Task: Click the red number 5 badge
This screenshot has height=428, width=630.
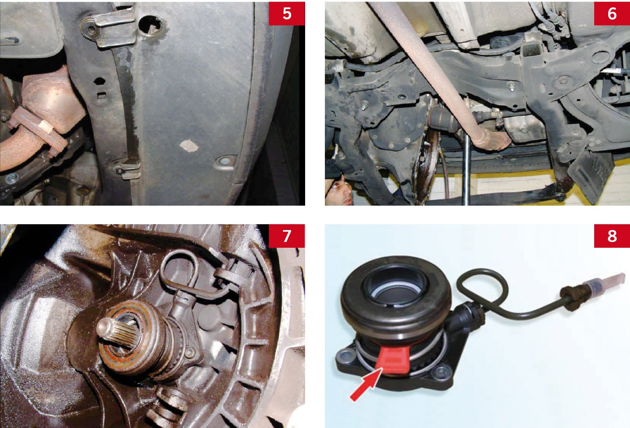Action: tap(287, 14)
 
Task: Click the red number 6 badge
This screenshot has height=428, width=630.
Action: tap(612, 14)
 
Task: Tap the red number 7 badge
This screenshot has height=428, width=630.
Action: tap(287, 236)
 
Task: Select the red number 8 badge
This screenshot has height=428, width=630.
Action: tap(612, 236)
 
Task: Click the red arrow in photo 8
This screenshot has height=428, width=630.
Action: tap(366, 385)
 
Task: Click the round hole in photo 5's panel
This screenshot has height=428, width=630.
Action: tap(150, 25)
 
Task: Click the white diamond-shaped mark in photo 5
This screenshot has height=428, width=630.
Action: tap(189, 146)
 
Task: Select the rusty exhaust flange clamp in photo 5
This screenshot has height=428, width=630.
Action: tap(38, 131)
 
